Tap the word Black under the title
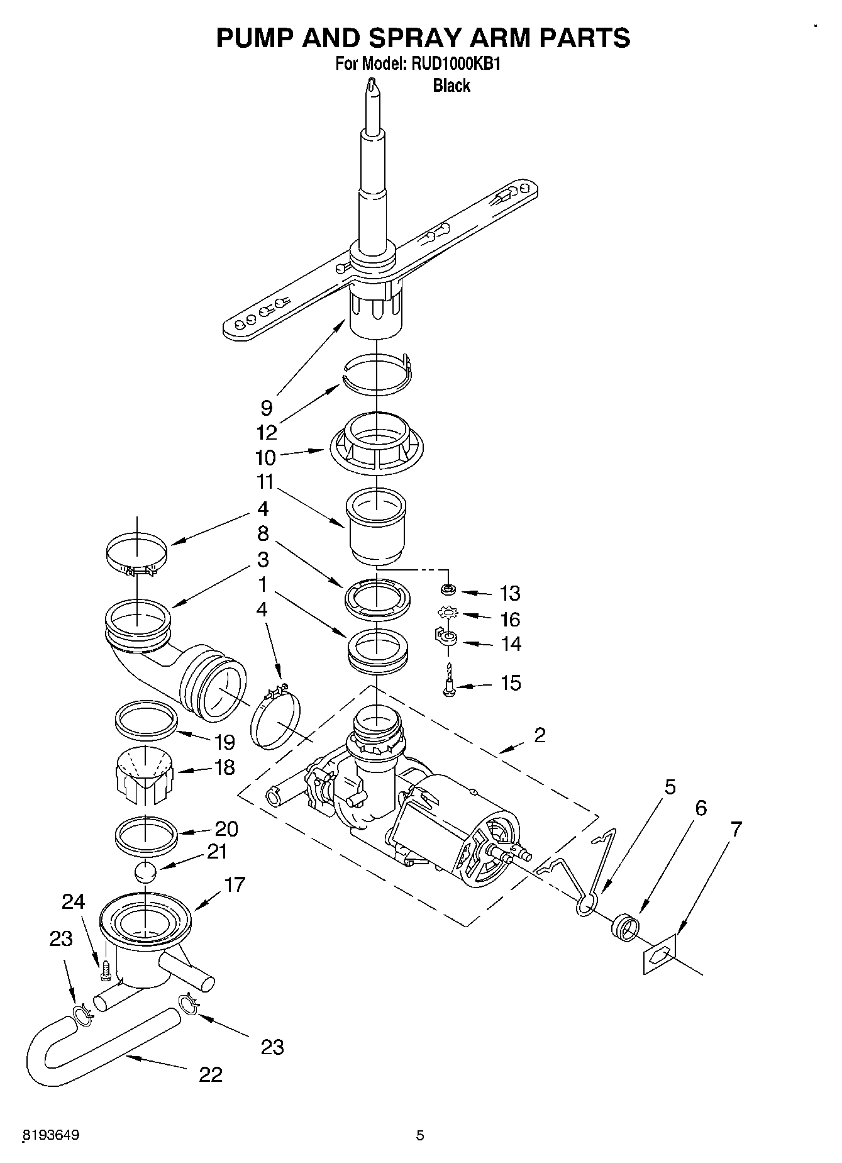[x=451, y=86]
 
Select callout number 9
[x=267, y=408]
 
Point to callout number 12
[x=267, y=433]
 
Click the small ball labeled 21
[x=145, y=874]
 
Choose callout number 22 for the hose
[x=211, y=1074]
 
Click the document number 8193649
[x=51, y=1135]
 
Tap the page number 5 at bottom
[x=420, y=1135]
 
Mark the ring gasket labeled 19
[x=145, y=717]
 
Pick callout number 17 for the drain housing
[x=235, y=885]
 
